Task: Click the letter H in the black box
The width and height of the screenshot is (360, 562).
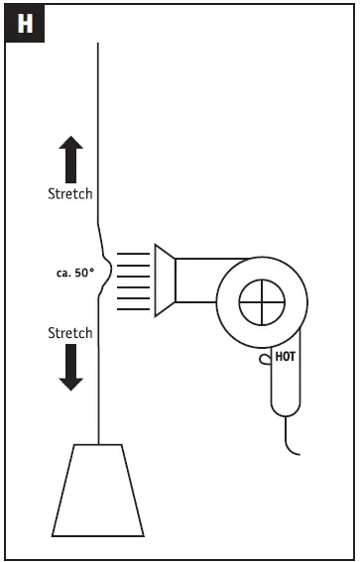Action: [24, 24]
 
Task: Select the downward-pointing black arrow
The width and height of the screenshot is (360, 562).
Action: [71, 366]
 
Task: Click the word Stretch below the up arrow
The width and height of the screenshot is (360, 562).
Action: [70, 193]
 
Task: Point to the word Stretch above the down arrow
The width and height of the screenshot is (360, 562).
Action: [70, 333]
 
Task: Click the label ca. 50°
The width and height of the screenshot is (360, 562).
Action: [74, 270]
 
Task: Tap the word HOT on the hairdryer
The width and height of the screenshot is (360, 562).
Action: [286, 356]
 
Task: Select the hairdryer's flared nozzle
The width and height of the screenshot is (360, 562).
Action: [164, 281]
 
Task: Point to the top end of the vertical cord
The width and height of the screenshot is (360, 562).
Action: [97, 46]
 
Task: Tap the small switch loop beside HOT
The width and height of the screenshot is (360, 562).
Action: [264, 358]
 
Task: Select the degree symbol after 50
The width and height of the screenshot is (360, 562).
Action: [92, 267]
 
